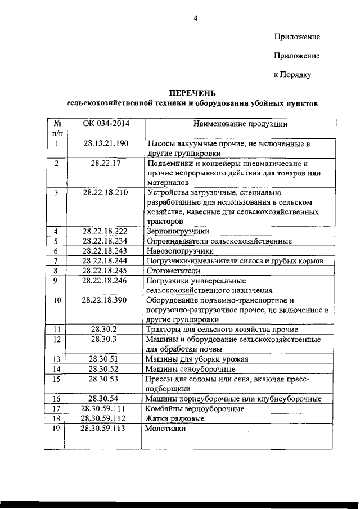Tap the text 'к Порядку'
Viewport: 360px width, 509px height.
pos(292,74)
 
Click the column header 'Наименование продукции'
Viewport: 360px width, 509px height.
pos(240,123)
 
